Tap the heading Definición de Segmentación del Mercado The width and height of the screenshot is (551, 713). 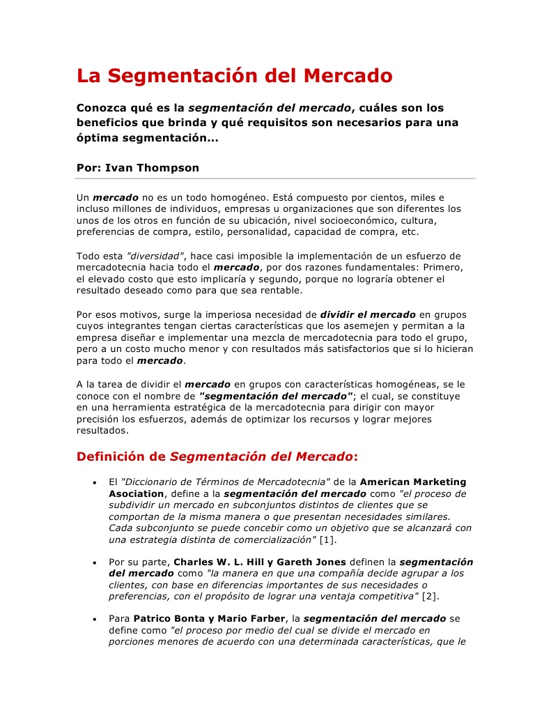coord(217,457)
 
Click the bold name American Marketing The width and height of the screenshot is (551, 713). coord(413,482)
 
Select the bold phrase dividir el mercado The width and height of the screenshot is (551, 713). coord(368,314)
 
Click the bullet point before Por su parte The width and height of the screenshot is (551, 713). coord(94,562)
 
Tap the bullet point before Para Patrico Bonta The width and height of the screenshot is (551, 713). coord(94,618)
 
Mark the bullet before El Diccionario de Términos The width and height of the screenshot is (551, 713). coord(94,482)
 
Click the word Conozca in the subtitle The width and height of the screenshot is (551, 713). coord(102,108)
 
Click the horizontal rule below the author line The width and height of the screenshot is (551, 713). coord(276,179)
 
